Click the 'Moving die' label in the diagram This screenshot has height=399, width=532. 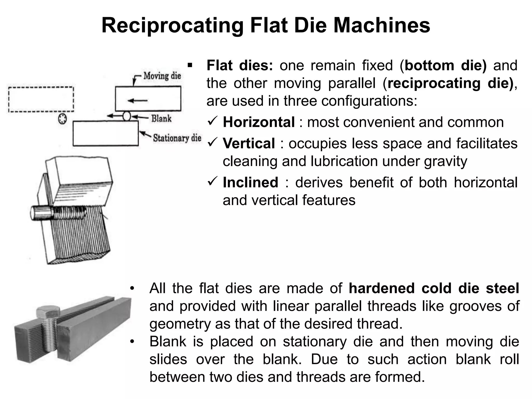coord(162,76)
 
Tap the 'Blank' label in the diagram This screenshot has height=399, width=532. coord(161,119)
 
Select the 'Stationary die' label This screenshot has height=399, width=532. coord(177,138)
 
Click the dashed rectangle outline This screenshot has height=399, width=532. coord(41,88)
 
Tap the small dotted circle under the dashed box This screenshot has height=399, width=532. coord(62,119)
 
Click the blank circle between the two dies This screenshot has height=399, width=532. coord(127,116)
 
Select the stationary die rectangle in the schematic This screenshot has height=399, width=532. coord(105,133)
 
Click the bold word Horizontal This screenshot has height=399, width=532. coord(259,122)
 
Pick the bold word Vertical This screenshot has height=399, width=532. coord(249,143)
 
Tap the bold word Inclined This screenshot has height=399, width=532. coord(250,182)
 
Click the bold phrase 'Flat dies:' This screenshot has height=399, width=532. coord(240,65)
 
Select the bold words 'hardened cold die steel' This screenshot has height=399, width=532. coord(434,288)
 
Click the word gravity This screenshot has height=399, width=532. coord(445,161)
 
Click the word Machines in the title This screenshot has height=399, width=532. coord(382,25)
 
